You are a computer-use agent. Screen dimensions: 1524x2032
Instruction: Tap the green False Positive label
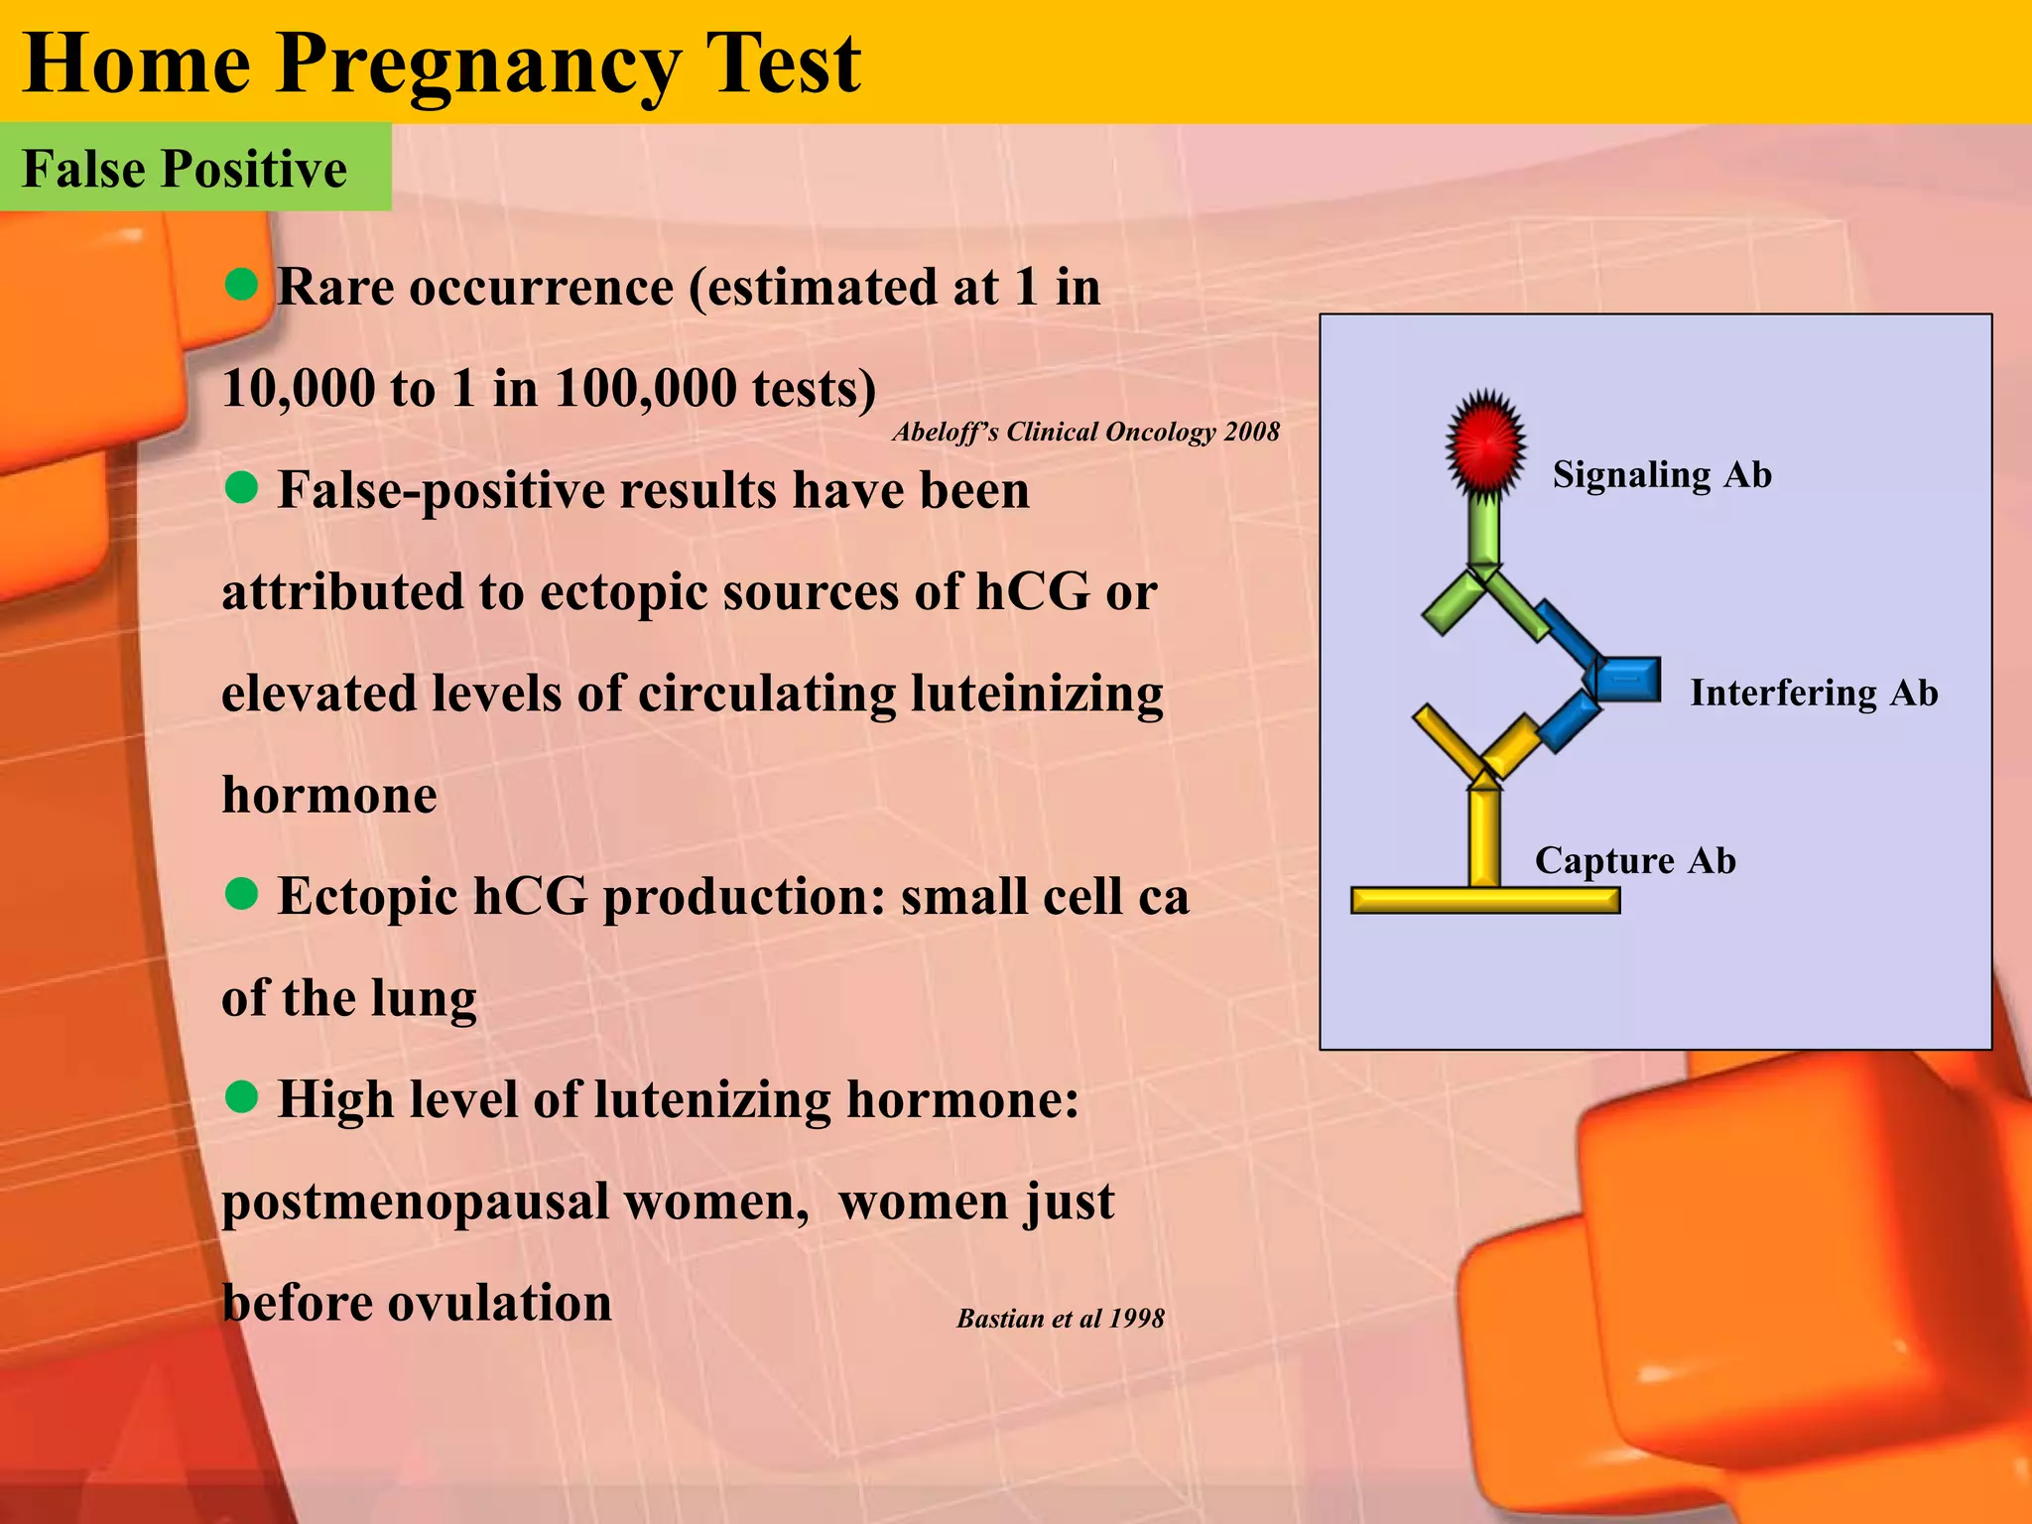point(186,168)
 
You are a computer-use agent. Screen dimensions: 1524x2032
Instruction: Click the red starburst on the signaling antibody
point(1484,443)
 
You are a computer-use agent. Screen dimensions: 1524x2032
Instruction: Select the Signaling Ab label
point(1662,474)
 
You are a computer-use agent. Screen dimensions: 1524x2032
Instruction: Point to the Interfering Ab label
point(1814,692)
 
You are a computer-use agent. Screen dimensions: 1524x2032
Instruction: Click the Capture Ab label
point(1635,859)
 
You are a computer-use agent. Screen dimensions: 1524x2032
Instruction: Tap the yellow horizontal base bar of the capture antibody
point(1484,900)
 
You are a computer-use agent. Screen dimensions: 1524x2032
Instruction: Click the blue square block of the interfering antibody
point(1628,680)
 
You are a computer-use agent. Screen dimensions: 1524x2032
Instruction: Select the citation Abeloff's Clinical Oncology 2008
point(1085,432)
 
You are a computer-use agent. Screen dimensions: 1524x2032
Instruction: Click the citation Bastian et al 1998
point(1060,1318)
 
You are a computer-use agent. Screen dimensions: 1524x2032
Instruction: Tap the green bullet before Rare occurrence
point(241,285)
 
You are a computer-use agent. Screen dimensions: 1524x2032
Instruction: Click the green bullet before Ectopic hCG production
point(241,894)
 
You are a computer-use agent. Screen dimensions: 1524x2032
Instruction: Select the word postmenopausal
point(415,1201)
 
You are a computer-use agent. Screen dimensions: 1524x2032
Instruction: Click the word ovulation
point(499,1302)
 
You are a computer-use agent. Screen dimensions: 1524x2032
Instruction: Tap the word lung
point(423,997)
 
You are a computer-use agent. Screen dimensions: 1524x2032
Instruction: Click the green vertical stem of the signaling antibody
point(1484,531)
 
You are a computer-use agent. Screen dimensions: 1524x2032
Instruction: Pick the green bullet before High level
point(241,1097)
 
